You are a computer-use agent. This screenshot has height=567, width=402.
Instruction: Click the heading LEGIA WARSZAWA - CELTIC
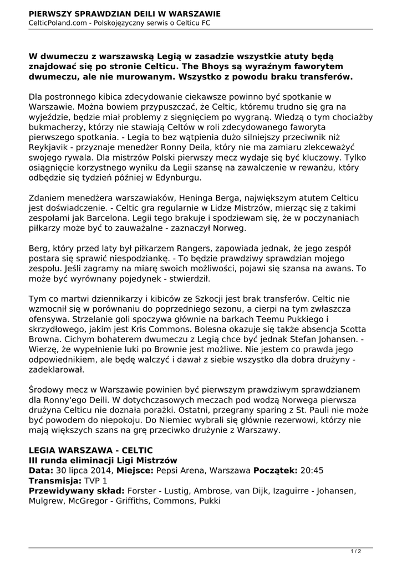click(90, 450)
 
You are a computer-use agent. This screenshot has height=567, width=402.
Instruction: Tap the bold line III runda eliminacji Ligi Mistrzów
click(103, 460)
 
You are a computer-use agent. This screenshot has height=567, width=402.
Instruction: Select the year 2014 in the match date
click(101, 471)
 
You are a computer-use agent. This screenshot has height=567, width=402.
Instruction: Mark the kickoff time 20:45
click(312, 471)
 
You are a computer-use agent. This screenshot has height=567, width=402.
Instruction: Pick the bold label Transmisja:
click(54, 481)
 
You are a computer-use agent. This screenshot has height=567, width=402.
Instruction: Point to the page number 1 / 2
click(356, 551)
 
